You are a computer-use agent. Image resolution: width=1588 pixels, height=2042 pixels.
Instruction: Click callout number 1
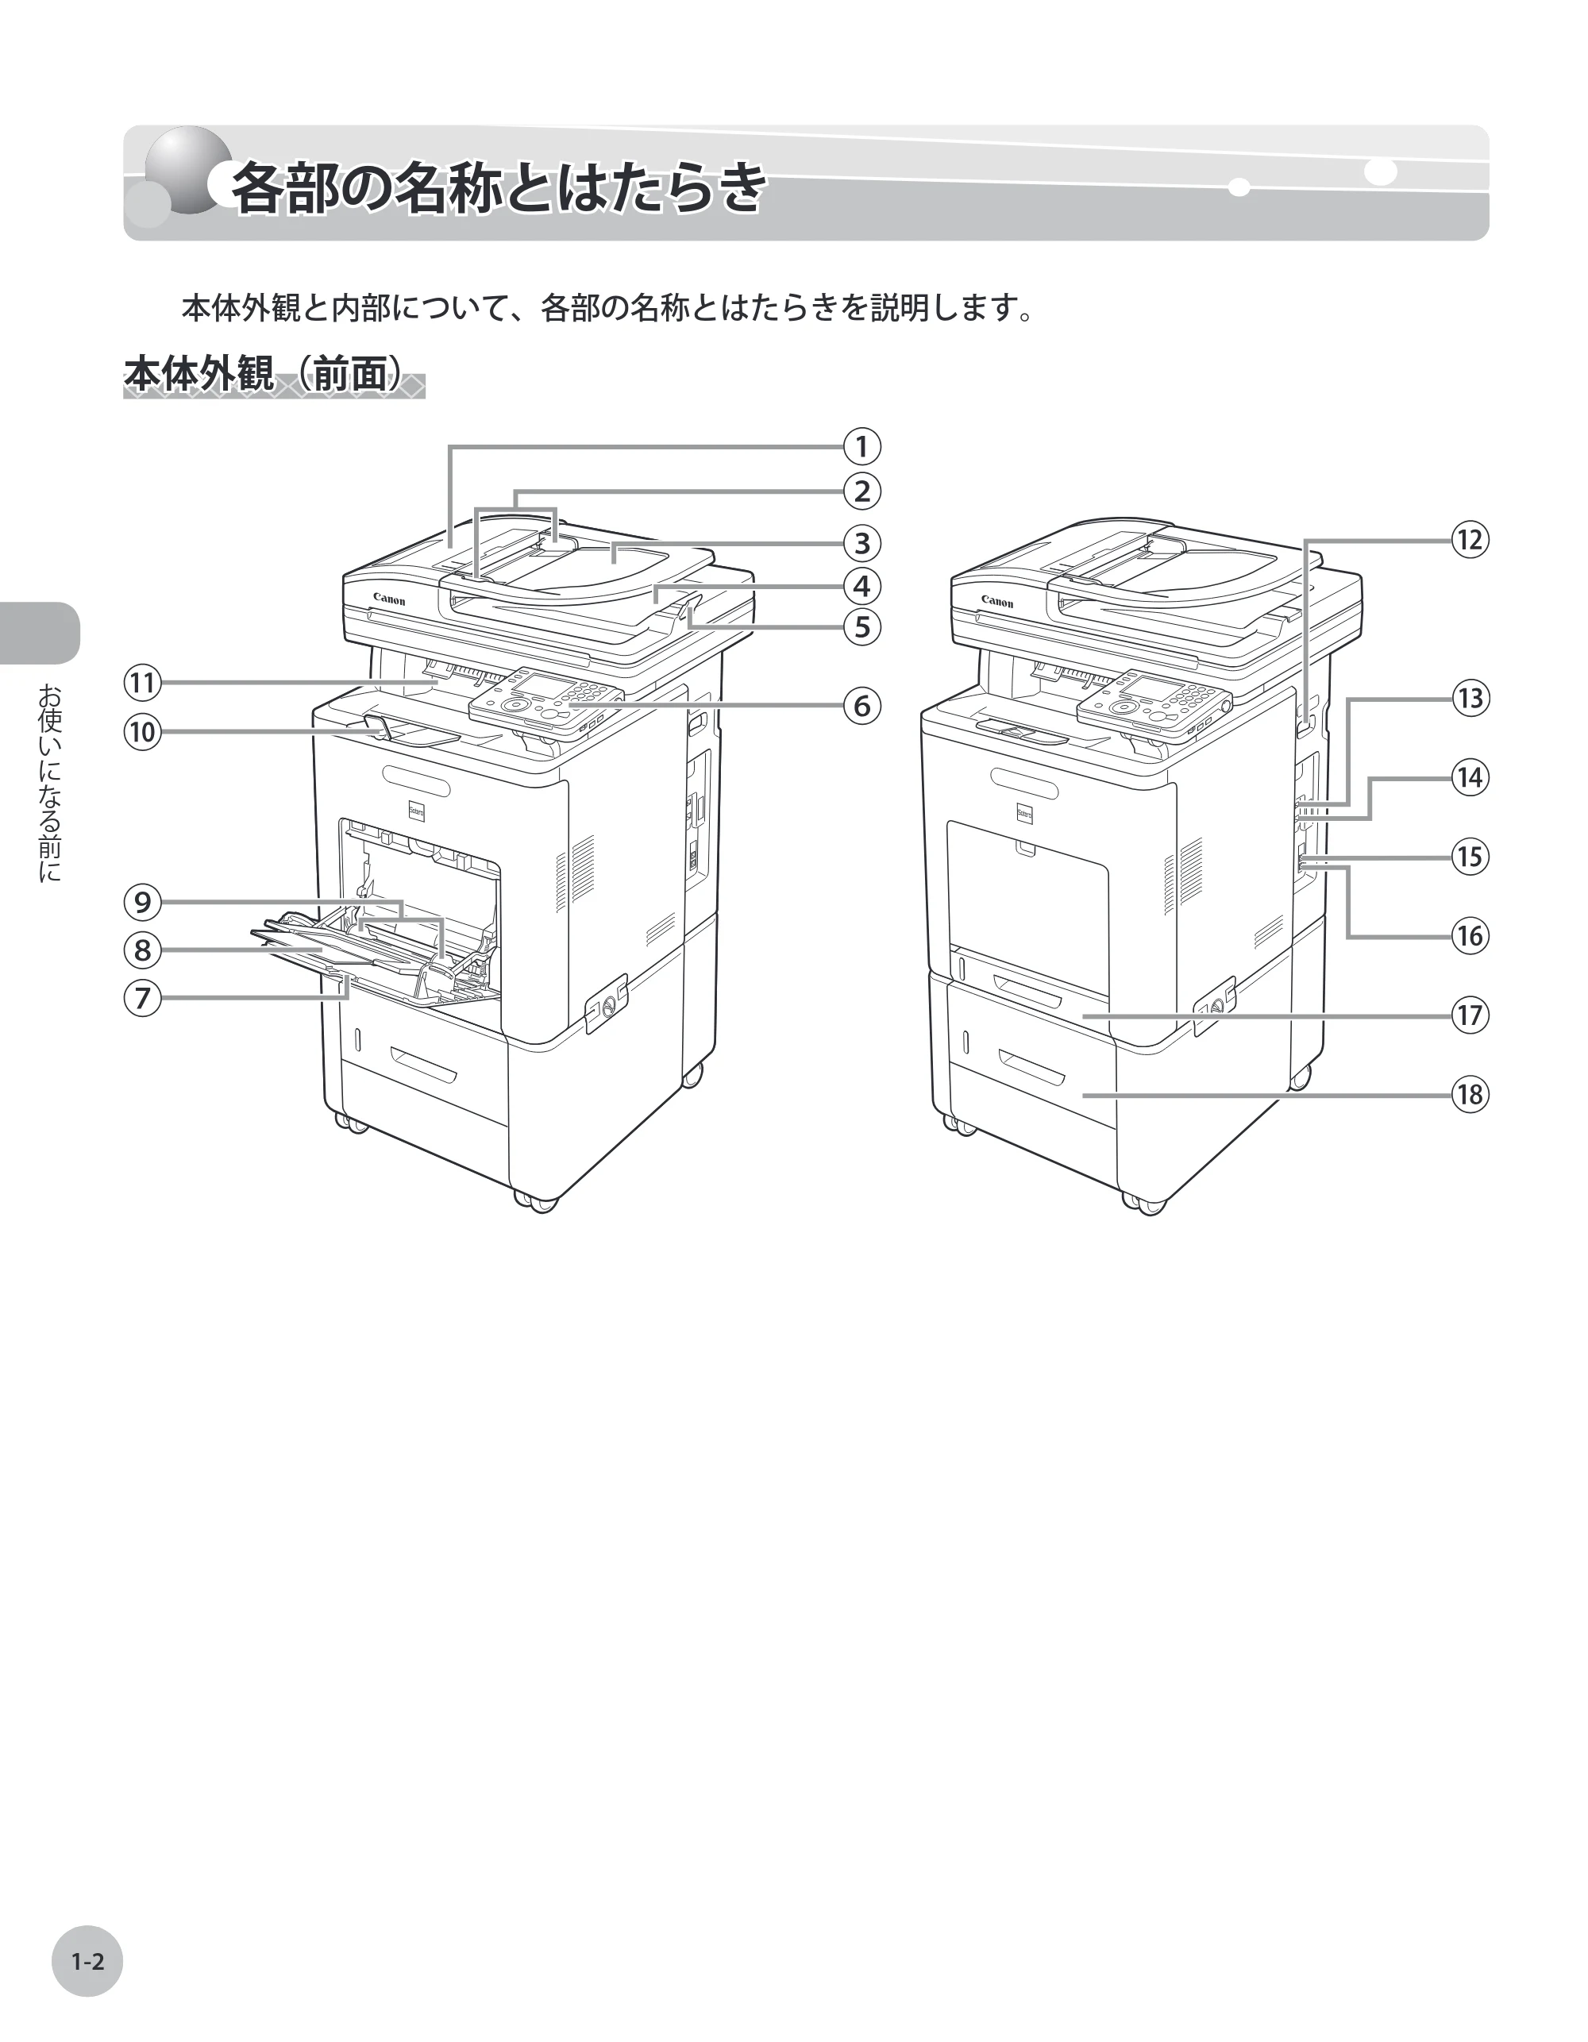click(861, 446)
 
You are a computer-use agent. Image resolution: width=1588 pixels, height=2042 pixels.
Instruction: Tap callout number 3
click(861, 542)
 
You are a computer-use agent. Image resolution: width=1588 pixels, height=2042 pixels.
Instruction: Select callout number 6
click(861, 705)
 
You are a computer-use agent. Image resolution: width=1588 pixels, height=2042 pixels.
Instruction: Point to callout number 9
click(142, 901)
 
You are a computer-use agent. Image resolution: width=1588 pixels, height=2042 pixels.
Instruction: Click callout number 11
click(142, 682)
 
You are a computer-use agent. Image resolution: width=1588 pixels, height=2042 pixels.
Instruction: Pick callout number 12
click(1469, 540)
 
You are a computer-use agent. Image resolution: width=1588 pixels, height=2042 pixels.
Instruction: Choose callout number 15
click(1469, 857)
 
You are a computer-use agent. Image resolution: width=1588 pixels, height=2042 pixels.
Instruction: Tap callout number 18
click(1469, 1094)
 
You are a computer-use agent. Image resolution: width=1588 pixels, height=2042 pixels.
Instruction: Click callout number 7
click(142, 998)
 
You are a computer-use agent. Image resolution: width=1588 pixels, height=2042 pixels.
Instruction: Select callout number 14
click(1469, 777)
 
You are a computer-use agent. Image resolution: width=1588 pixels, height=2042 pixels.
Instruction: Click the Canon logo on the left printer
click(389, 599)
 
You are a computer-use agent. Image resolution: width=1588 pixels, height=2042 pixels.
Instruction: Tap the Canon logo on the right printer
click(997, 602)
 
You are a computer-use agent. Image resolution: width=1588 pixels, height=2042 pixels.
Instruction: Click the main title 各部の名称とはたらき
click(499, 189)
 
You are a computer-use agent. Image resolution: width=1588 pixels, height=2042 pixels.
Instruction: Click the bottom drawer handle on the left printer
click(425, 1064)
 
